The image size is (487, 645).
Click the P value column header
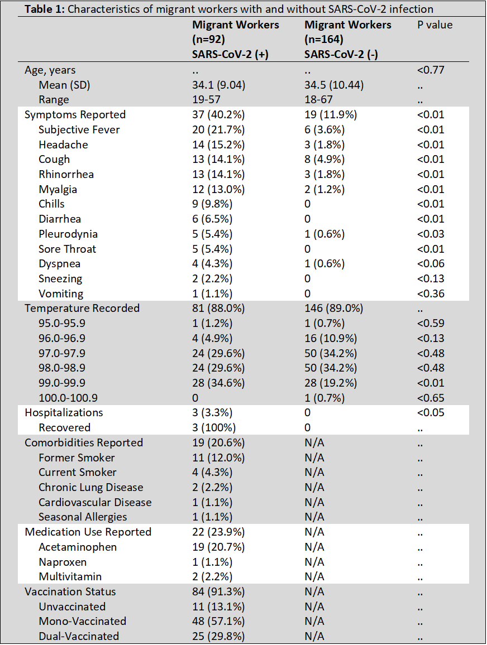tap(435, 25)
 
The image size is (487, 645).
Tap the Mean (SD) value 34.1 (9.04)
tap(219, 85)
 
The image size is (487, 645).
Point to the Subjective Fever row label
tap(79, 129)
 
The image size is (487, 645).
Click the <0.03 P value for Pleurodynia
tap(431, 234)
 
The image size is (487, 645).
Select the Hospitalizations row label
tap(64, 413)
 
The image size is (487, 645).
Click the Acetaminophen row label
tap(78, 547)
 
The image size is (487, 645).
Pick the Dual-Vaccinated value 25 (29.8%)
tap(218, 637)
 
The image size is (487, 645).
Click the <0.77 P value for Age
tap(431, 70)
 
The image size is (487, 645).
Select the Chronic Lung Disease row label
tap(91, 488)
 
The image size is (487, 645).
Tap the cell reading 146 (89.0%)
tap(334, 309)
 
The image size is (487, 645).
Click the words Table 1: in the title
tap(41, 9)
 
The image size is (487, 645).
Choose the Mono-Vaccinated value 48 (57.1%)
tap(218, 622)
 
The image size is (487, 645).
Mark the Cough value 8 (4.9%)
tap(324, 160)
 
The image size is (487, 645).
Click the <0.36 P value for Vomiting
tap(431, 293)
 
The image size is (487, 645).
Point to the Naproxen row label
tap(63, 562)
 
